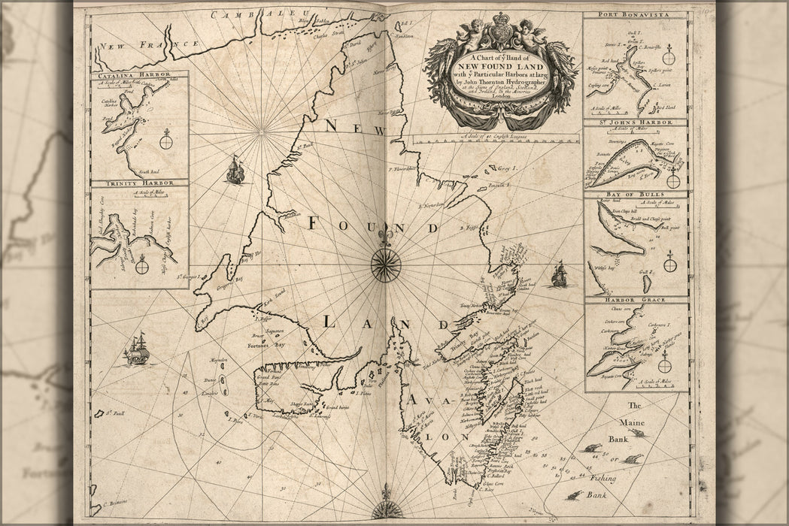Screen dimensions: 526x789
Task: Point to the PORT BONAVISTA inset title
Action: [x=636, y=14]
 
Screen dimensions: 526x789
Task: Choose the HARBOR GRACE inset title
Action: [x=636, y=300]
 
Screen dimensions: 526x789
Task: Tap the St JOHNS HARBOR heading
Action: [x=636, y=122]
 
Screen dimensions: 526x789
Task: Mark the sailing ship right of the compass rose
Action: [x=559, y=274]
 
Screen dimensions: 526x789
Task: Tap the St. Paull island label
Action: [x=114, y=412]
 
